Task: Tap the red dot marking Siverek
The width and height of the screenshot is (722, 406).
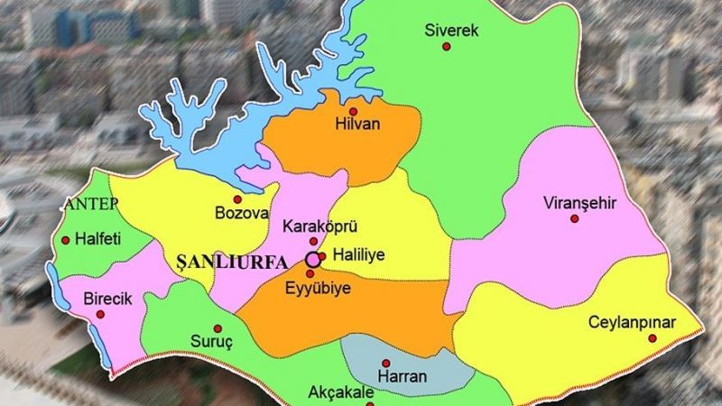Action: click(445, 47)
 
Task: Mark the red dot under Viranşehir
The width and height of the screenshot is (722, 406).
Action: click(574, 218)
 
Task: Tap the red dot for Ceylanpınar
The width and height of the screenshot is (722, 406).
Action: click(652, 339)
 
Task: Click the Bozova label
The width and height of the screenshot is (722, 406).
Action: click(242, 214)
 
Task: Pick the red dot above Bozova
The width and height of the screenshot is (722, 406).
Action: click(237, 198)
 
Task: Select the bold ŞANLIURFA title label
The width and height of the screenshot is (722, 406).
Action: click(227, 262)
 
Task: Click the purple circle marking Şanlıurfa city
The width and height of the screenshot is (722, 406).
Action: click(312, 259)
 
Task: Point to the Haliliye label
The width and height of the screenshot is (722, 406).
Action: click(357, 255)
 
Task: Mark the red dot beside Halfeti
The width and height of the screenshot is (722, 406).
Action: click(65, 241)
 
